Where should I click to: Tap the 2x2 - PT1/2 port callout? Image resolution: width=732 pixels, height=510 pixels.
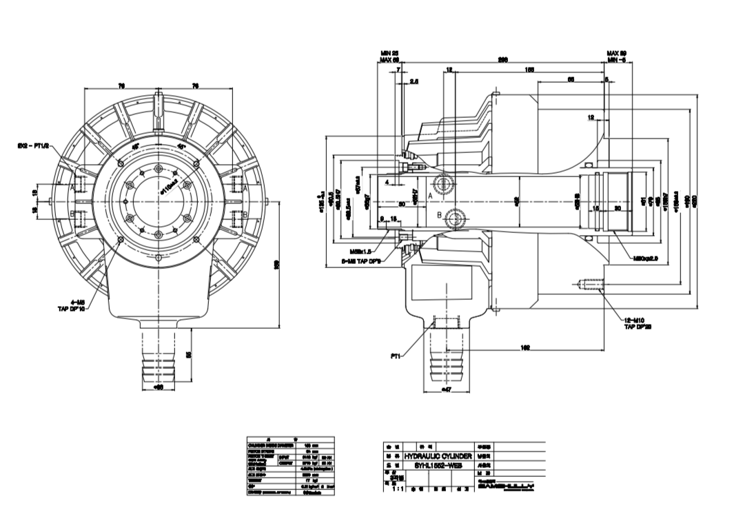pos(34,145)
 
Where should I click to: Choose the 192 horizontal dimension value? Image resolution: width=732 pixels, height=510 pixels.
pos(525,349)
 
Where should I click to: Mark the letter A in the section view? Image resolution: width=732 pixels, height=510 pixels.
pos(430,196)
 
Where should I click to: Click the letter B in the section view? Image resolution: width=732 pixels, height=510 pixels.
pos(439,215)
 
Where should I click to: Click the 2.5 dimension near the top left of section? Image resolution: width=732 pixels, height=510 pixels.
pos(414,81)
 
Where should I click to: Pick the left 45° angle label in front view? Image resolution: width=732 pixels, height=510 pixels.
pos(136,146)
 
